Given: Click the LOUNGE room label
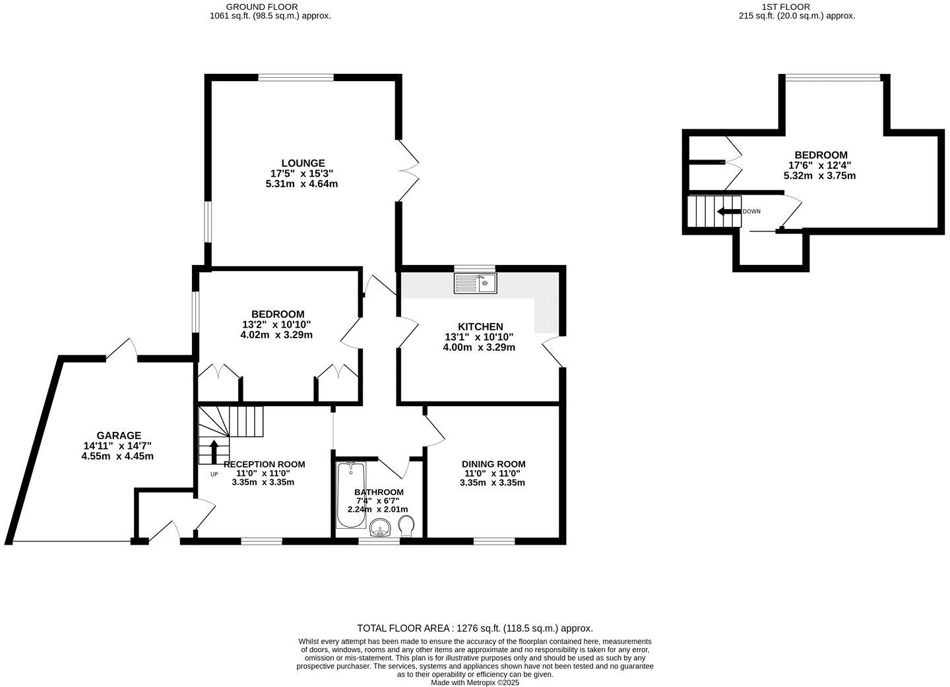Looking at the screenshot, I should [x=303, y=163].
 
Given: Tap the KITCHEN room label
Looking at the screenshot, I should [x=480, y=326].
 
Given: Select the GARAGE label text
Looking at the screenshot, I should [x=119, y=435].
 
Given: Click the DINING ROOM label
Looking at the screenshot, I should [x=493, y=463].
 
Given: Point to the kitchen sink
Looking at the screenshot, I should [x=475, y=284].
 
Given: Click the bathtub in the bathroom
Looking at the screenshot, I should [x=350, y=494].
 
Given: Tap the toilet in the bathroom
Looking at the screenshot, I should [x=407, y=524].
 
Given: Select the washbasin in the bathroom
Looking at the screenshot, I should [x=380, y=527].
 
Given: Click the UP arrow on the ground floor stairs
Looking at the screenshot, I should [x=214, y=452].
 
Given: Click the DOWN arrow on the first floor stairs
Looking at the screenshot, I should [x=728, y=212].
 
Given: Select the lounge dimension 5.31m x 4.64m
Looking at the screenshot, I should [x=301, y=184].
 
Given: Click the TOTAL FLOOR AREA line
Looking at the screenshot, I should [x=474, y=628].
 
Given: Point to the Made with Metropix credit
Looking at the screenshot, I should [x=475, y=683].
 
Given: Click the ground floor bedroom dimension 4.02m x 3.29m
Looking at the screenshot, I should [x=276, y=335].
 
